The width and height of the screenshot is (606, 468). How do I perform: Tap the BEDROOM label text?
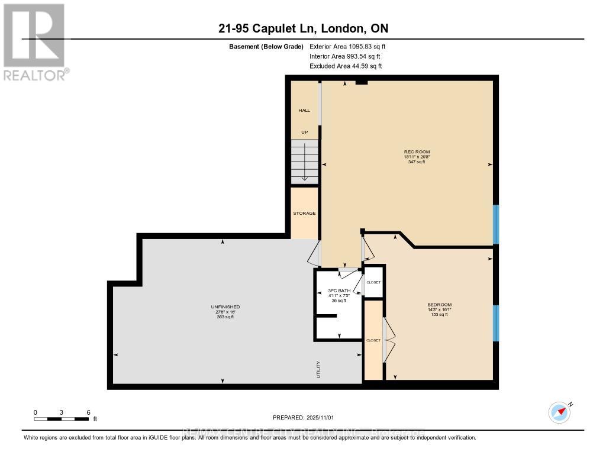tap(439, 305)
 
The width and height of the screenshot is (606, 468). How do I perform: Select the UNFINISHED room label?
tap(225, 306)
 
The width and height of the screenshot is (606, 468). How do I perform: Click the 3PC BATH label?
tap(337, 291)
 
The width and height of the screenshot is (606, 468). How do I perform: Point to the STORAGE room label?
tap(304, 213)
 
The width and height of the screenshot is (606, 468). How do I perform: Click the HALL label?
tap(304, 111)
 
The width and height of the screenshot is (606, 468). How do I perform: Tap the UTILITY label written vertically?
tap(318, 369)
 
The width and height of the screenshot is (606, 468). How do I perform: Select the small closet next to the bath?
tap(373, 282)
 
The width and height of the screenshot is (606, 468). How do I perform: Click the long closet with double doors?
tap(373, 340)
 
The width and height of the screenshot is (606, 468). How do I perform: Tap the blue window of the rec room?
tap(496, 224)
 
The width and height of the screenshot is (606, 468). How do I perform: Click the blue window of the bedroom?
tap(496, 323)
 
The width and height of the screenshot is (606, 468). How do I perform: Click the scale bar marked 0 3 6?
tap(62, 419)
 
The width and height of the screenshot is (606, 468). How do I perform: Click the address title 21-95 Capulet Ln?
tap(302, 28)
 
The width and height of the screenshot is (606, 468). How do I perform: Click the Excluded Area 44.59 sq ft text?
tap(346, 66)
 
